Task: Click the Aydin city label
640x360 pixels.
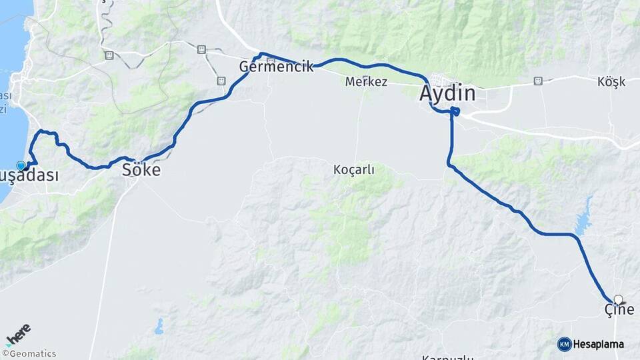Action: pyautogui.click(x=447, y=93)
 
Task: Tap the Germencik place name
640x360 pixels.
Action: pyautogui.click(x=276, y=67)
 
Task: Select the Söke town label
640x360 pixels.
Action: pyautogui.click(x=141, y=170)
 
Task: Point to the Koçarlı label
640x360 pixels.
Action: pyautogui.click(x=353, y=170)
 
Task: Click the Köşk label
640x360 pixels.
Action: pyautogui.click(x=611, y=82)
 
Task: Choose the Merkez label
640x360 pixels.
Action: pyautogui.click(x=366, y=82)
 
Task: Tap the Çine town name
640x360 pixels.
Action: pyautogui.click(x=619, y=310)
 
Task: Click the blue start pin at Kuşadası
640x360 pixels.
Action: pyautogui.click(x=21, y=165)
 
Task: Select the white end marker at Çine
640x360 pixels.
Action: pyautogui.click(x=619, y=300)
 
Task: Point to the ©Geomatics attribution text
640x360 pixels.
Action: pyautogui.click(x=29, y=354)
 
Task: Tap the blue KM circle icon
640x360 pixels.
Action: pyautogui.click(x=564, y=344)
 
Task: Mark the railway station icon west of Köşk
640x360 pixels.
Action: pyautogui.click(x=537, y=81)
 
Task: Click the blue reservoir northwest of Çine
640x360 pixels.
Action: pyautogui.click(x=584, y=215)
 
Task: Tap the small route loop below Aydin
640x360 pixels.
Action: pyautogui.click(x=455, y=111)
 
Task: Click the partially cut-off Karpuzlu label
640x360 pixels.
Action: pyautogui.click(x=447, y=357)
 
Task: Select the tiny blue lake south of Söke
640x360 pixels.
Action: pyautogui.click(x=159, y=327)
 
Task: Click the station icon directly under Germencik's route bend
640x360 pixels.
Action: pyautogui.click(x=221, y=81)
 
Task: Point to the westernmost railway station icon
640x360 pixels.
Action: pyautogui.click(x=109, y=55)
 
